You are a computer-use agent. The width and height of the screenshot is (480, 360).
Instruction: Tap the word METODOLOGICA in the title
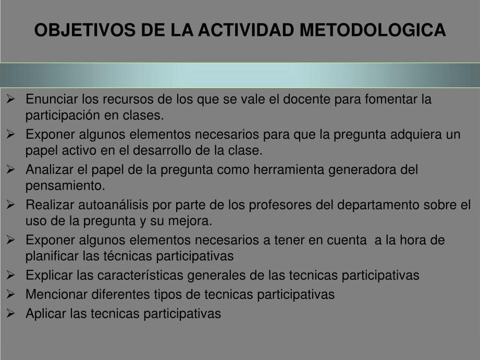[373, 30]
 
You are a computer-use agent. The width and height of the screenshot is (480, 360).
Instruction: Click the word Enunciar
[52, 99]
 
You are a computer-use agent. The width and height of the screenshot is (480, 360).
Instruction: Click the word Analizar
[50, 170]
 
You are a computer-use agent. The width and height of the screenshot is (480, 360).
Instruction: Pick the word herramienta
[289, 170]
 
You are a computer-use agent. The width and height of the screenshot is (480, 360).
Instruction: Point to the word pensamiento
[65, 187]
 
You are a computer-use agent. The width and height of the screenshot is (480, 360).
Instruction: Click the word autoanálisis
[113, 205]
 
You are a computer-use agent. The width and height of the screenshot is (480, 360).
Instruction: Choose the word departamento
[378, 205]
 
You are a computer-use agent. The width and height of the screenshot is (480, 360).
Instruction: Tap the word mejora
[190, 221]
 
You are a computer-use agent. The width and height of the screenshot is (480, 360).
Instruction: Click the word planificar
[52, 256]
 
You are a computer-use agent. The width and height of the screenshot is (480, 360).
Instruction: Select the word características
[140, 275]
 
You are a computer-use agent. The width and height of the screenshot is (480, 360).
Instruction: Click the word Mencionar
[57, 294]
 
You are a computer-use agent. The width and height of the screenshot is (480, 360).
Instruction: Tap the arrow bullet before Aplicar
[10, 313]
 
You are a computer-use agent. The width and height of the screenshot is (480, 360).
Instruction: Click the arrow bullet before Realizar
[10, 205]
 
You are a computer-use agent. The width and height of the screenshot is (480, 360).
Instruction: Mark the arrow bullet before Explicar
[10, 275]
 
